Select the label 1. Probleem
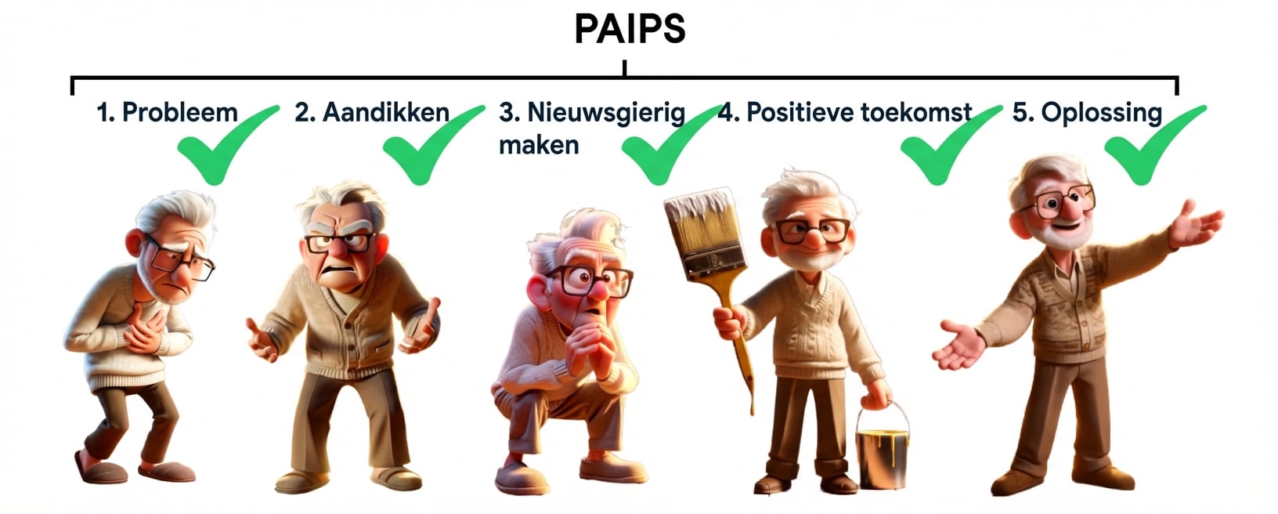click(x=167, y=112)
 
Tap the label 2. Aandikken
click(x=372, y=112)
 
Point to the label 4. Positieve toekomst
click(x=845, y=112)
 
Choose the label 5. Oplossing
click(x=1087, y=113)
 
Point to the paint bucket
click(x=882, y=451)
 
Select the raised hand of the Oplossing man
click(x=1195, y=223)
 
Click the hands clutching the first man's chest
click(x=146, y=331)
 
